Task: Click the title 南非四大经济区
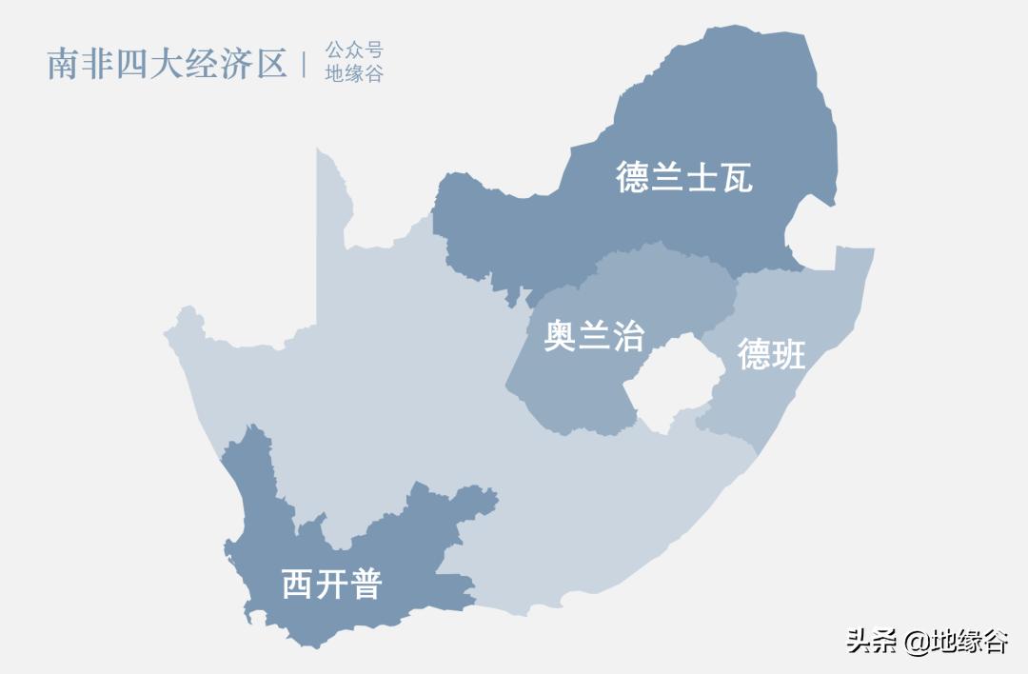pos(167,64)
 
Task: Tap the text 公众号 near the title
pos(354,50)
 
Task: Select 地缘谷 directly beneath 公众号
pos(354,74)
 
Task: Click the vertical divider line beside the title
pos(305,64)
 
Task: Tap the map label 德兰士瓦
pos(684,177)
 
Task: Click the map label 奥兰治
pos(594,335)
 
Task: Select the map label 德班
pos(772,354)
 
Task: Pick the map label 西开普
pos(331,584)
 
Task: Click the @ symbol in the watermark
pos(916,643)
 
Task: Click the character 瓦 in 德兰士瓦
pos(736,177)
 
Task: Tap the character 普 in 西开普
pos(365,584)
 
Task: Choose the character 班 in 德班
pos(789,354)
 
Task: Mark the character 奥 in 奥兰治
pos(561,335)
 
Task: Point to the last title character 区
pos(271,64)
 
